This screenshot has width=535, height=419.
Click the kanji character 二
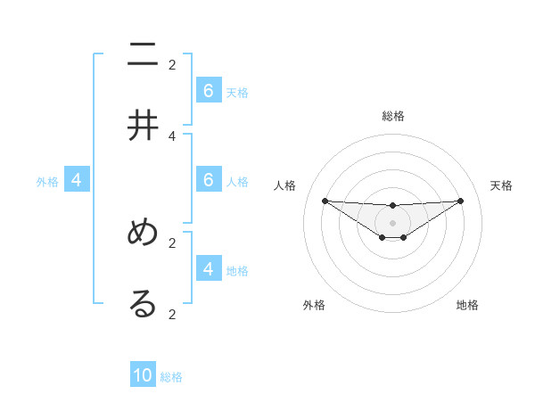click(x=143, y=55)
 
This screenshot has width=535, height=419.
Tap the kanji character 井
click(x=143, y=126)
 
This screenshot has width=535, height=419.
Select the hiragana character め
click(x=143, y=233)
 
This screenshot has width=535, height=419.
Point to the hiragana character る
click(x=143, y=303)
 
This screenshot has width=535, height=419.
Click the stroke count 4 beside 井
click(x=172, y=136)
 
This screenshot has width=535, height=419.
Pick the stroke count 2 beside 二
click(x=172, y=64)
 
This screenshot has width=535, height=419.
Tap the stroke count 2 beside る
click(x=172, y=314)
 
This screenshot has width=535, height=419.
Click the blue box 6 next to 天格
click(x=209, y=91)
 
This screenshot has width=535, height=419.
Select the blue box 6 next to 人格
click(x=209, y=180)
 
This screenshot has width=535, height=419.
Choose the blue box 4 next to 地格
click(x=209, y=268)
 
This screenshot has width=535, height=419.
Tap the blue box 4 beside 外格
click(x=77, y=180)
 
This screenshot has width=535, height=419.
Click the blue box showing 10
click(x=143, y=375)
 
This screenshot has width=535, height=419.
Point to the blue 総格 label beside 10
click(x=171, y=377)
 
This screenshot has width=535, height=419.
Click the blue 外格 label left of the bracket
click(x=47, y=182)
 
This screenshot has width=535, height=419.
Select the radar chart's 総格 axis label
click(x=393, y=116)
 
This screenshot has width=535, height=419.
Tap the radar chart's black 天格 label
click(x=501, y=185)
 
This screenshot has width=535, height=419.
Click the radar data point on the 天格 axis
click(x=461, y=200)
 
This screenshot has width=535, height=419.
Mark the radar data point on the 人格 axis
click(x=325, y=201)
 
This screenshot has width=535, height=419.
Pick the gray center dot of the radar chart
click(x=392, y=222)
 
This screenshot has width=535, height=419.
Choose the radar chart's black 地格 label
click(x=467, y=305)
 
